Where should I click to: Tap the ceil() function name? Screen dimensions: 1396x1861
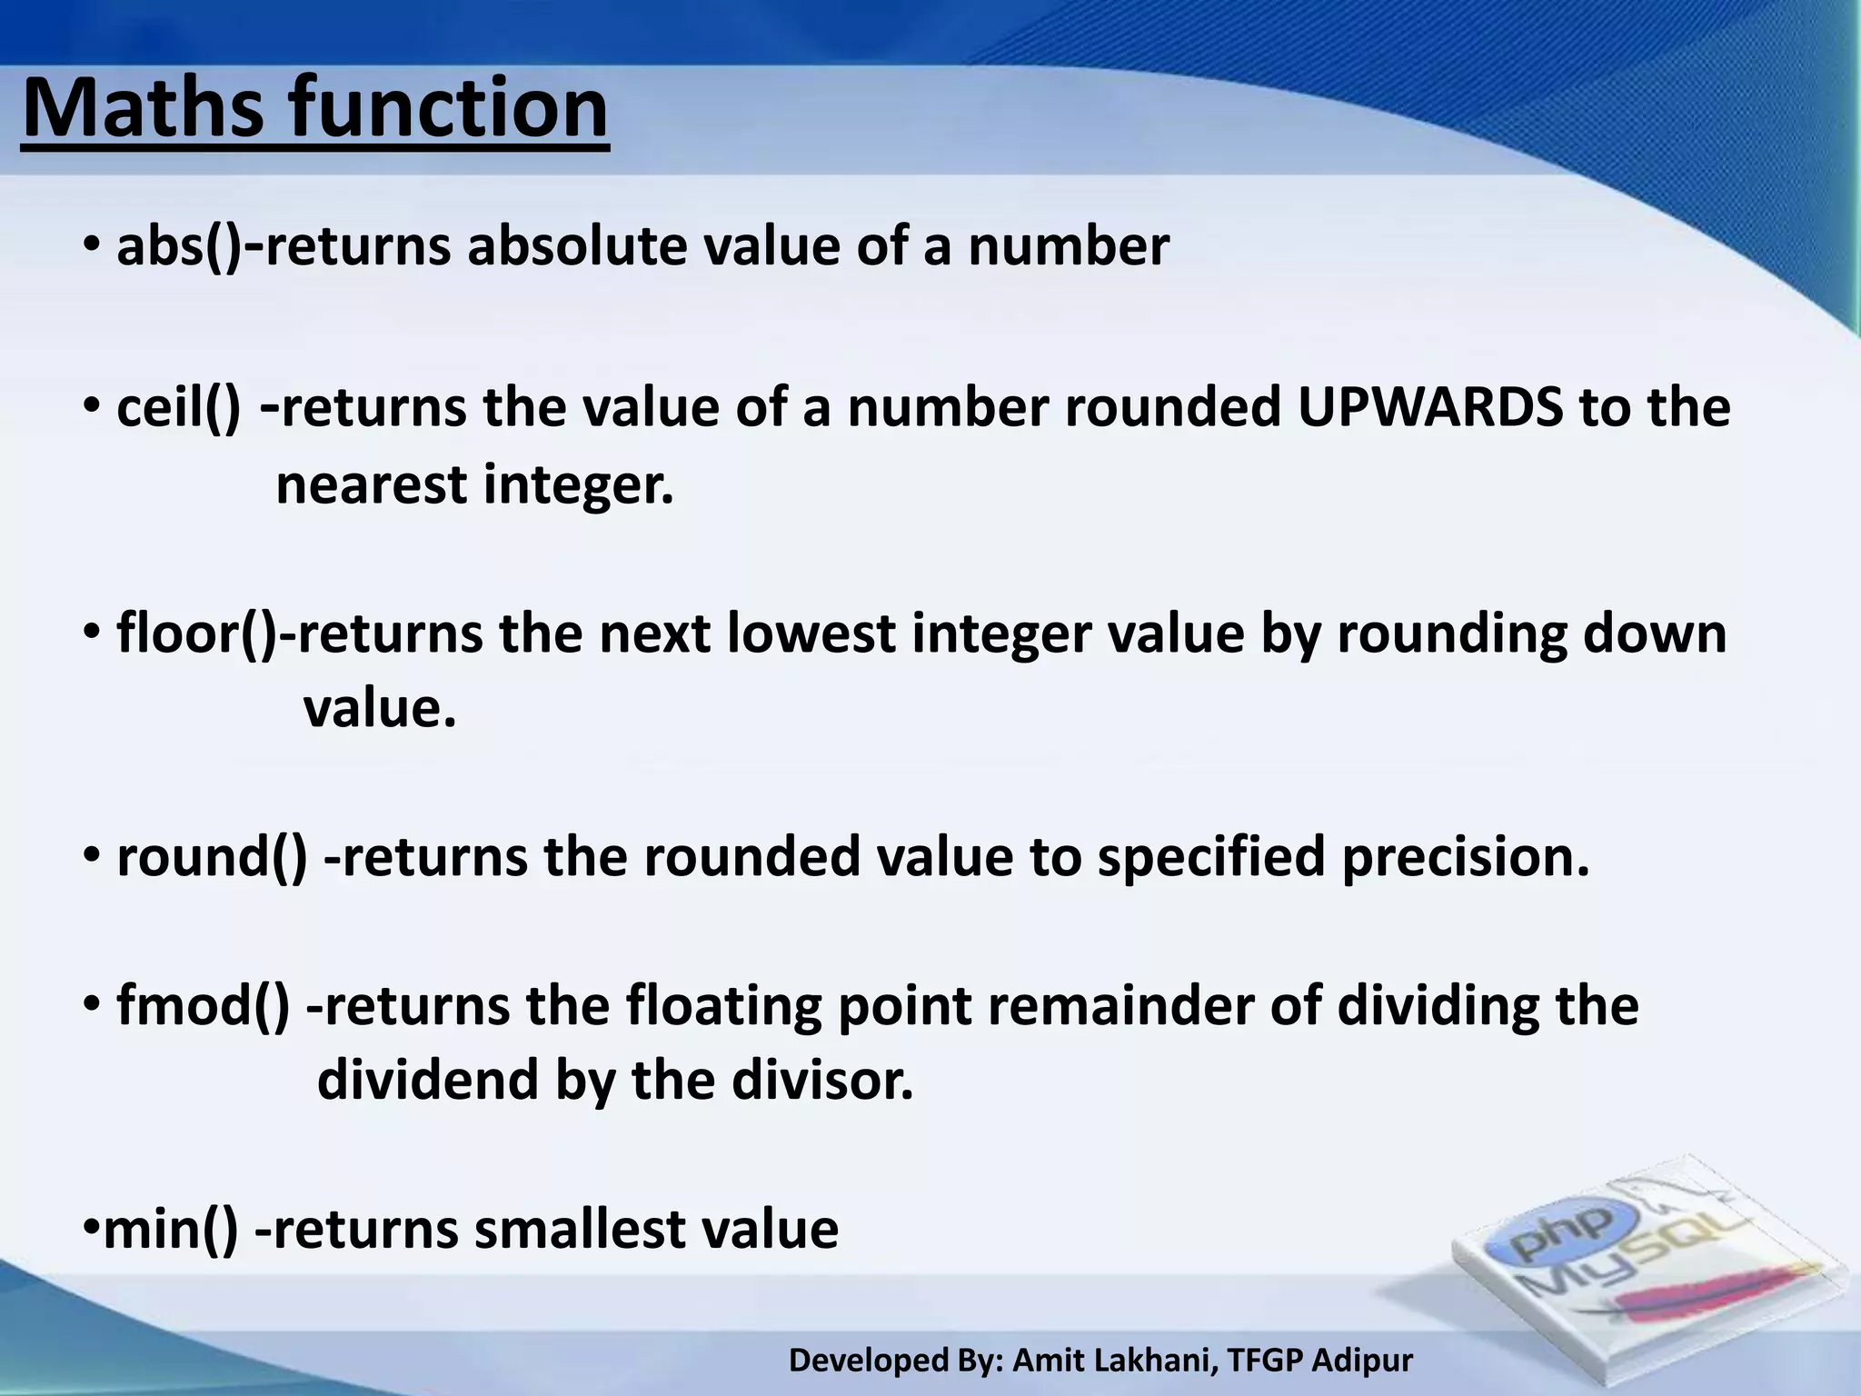178,408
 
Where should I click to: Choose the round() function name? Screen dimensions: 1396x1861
212,857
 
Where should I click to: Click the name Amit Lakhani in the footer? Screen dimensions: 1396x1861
1113,1361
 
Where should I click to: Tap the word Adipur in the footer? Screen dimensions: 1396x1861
1363,1361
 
